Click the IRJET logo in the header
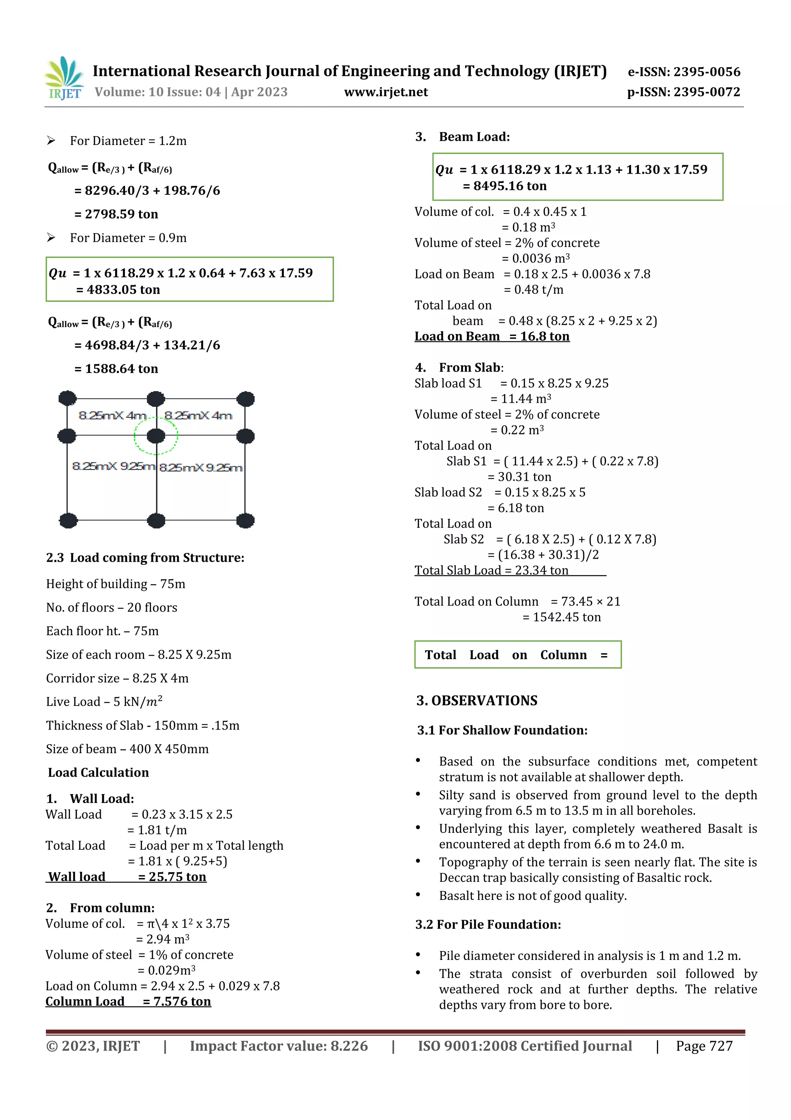[x=64, y=78]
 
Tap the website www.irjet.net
[x=385, y=92]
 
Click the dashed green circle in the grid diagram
[x=156, y=436]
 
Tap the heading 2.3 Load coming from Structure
[x=145, y=557]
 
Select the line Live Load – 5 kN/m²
[x=104, y=701]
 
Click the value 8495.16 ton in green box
[x=510, y=186]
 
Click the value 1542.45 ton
[x=566, y=617]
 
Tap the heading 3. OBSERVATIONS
[x=477, y=701]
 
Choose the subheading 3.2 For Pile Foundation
[x=488, y=924]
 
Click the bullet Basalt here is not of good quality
[x=533, y=896]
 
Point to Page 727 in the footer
[x=704, y=1046]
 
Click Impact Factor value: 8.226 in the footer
[x=279, y=1046]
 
